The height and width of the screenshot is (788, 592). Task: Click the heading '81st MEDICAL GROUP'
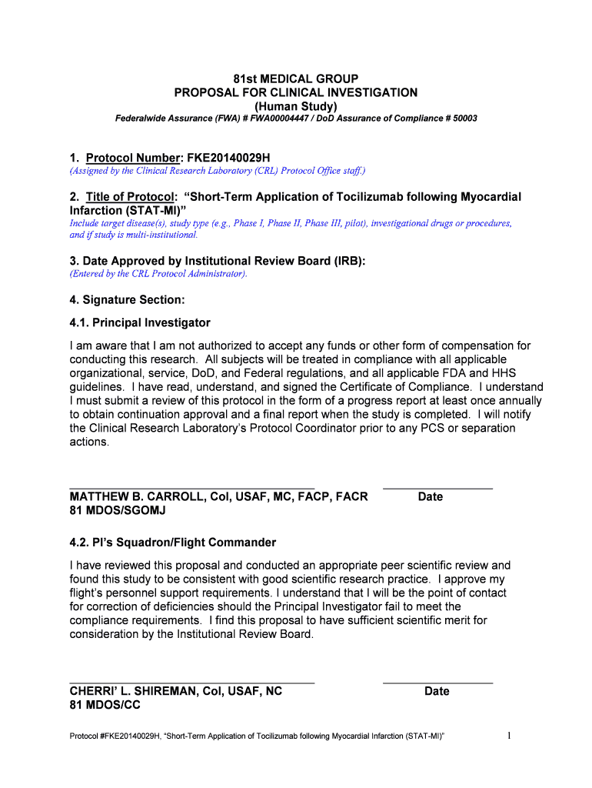click(x=296, y=79)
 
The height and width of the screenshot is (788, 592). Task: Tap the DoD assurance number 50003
click(x=464, y=119)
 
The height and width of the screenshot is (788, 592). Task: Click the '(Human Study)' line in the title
click(x=296, y=105)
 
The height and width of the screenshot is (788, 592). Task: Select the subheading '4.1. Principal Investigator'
click(x=140, y=322)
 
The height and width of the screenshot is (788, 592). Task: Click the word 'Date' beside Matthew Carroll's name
click(x=431, y=496)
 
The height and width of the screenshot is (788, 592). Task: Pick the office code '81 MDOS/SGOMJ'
click(x=118, y=510)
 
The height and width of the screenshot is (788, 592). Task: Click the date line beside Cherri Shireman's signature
click(x=437, y=683)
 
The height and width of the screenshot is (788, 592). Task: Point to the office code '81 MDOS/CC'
click(x=105, y=705)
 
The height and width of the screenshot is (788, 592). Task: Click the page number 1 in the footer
click(x=509, y=736)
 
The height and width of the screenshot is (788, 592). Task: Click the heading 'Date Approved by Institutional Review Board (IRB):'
click(x=224, y=261)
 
